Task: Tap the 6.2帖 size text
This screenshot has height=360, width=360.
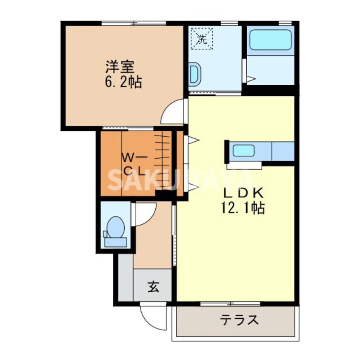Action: pyautogui.click(x=123, y=81)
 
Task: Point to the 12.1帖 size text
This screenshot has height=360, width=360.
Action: pyautogui.click(x=241, y=208)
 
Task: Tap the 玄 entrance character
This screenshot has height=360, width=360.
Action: pyautogui.click(x=154, y=287)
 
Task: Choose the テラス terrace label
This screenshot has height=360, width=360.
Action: pyautogui.click(x=239, y=320)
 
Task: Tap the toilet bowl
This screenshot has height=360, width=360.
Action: pyautogui.click(x=115, y=227)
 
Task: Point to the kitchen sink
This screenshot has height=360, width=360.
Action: pyautogui.click(x=243, y=151)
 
